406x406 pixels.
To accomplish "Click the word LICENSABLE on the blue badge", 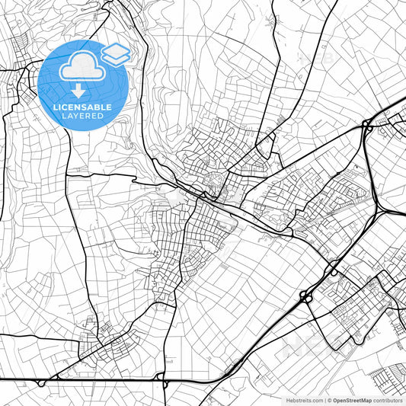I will pyautogui.click(x=82, y=107).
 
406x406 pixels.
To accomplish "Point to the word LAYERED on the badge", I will pyautogui.click(x=82, y=117).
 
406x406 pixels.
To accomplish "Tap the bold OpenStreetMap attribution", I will pyautogui.click(x=355, y=399).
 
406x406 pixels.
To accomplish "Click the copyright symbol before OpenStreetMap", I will pyautogui.click(x=328, y=399).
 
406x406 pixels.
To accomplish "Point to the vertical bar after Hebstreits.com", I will pyautogui.click(x=323, y=399).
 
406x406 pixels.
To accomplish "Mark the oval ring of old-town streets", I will pyautogui.click(x=215, y=184).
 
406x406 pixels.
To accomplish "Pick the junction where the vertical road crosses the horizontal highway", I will pyautogui.click(x=164, y=379).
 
